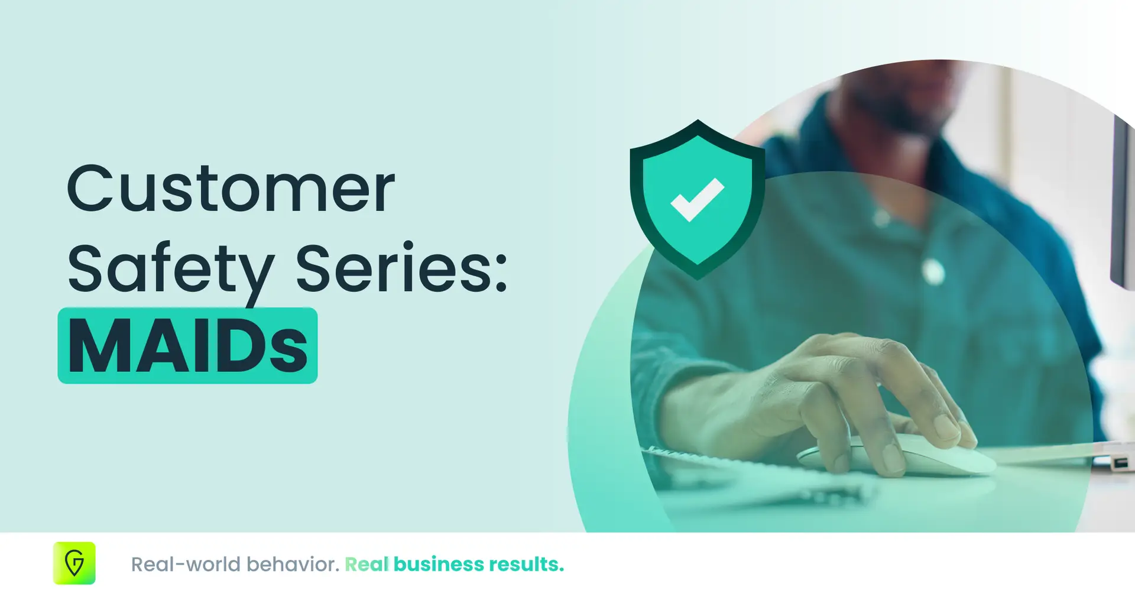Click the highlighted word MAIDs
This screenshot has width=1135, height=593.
pyautogui.click(x=188, y=346)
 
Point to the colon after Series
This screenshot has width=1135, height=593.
pyautogui.click(x=501, y=271)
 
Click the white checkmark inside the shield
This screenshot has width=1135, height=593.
pyautogui.click(x=697, y=199)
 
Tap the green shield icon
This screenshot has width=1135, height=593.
pyautogui.click(x=698, y=199)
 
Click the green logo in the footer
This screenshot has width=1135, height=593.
pyautogui.click(x=74, y=563)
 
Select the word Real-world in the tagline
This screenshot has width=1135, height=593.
pyautogui.click(x=186, y=565)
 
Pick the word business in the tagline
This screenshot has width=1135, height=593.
pyautogui.click(x=439, y=565)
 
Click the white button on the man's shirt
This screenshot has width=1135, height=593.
pyautogui.click(x=933, y=271)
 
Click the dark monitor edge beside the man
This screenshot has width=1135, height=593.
pyautogui.click(x=1122, y=201)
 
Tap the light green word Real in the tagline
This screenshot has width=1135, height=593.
pyautogui.click(x=367, y=565)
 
